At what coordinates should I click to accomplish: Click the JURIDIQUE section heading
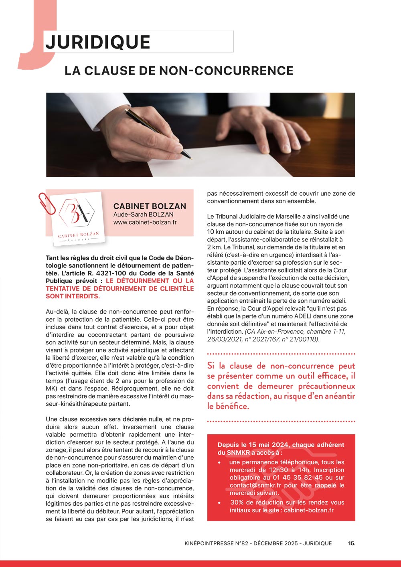point(98,42)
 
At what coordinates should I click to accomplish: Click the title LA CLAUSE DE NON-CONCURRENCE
point(179,71)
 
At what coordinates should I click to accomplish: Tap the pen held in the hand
point(158,133)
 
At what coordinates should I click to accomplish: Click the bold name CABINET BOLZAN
point(150,206)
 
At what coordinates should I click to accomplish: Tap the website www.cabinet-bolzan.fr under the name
point(145,222)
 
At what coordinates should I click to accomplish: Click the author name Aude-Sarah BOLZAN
point(143,214)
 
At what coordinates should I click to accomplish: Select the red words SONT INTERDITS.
point(73,296)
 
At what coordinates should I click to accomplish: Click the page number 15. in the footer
point(351,543)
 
